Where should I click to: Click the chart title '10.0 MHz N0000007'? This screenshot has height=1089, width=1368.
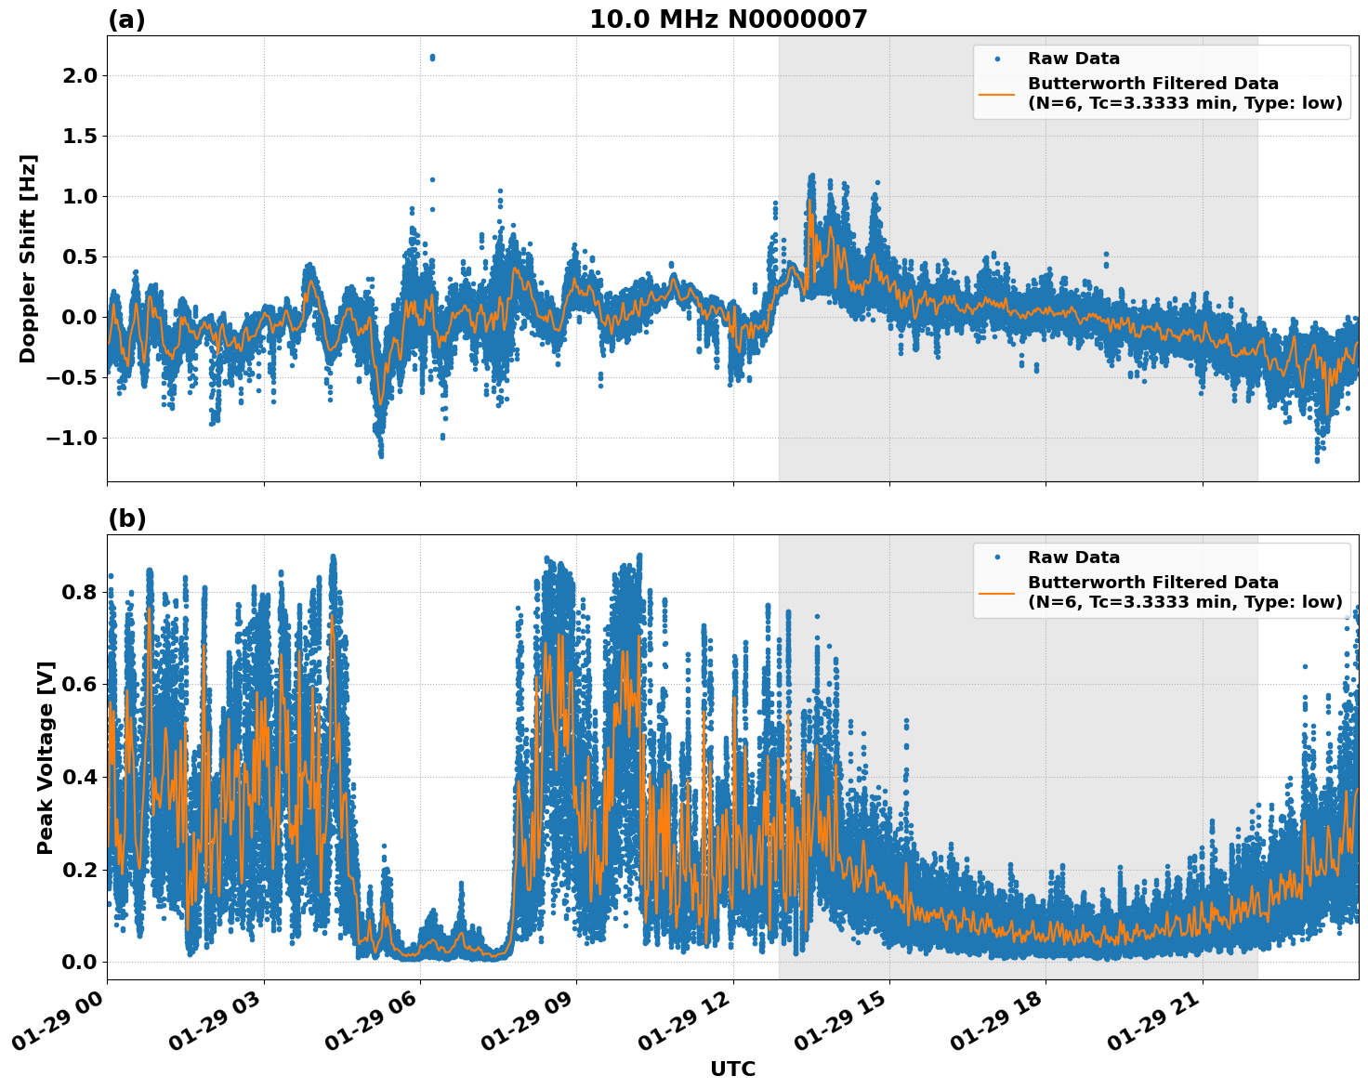coord(728,20)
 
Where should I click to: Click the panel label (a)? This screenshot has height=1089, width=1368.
coord(126,20)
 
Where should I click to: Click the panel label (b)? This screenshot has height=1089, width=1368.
coord(126,518)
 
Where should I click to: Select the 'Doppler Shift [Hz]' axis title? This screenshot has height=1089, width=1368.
coord(28,258)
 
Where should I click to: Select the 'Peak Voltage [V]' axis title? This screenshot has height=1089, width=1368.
coord(46,757)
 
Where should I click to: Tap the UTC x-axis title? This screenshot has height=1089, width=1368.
coord(732,1069)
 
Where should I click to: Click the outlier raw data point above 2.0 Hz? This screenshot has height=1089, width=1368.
coord(432,58)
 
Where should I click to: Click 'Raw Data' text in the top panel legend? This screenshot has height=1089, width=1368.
coord(1073,59)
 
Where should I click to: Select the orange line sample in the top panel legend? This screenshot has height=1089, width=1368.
coord(996,94)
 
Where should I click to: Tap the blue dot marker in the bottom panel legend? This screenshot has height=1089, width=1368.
coord(997,558)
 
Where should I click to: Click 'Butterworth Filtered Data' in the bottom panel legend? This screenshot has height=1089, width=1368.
coord(1152,583)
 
